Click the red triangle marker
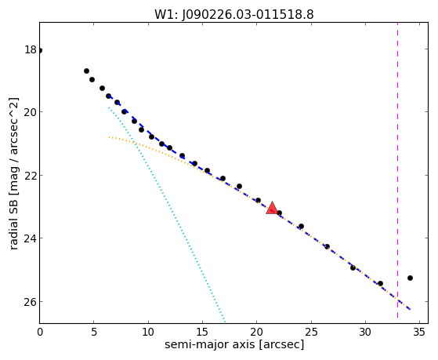pyautogui.click(x=272, y=209)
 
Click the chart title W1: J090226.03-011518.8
pyautogui.click(x=234, y=14)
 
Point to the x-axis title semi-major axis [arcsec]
pyautogui.click(x=234, y=344)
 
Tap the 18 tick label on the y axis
pyautogui.click(x=31, y=49)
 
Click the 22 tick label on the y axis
pyautogui.click(x=31, y=176)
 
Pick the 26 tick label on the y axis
pyautogui.click(x=31, y=301)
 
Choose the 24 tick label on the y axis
pyautogui.click(x=31, y=238)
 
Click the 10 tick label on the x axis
pyautogui.click(x=148, y=333)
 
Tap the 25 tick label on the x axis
pyautogui.click(x=311, y=333)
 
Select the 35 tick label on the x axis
pyautogui.click(x=419, y=333)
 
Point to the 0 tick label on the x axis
pyautogui.click(x=40, y=333)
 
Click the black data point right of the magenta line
pyautogui.click(x=410, y=278)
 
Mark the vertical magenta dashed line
pyautogui.click(x=397, y=170)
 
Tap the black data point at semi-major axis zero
pyautogui.click(x=40, y=51)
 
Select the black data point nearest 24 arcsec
pyautogui.click(x=301, y=227)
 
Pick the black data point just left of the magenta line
pyautogui.click(x=380, y=283)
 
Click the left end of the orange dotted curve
pyautogui.click(x=109, y=137)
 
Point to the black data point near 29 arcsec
pyautogui.click(x=353, y=267)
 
